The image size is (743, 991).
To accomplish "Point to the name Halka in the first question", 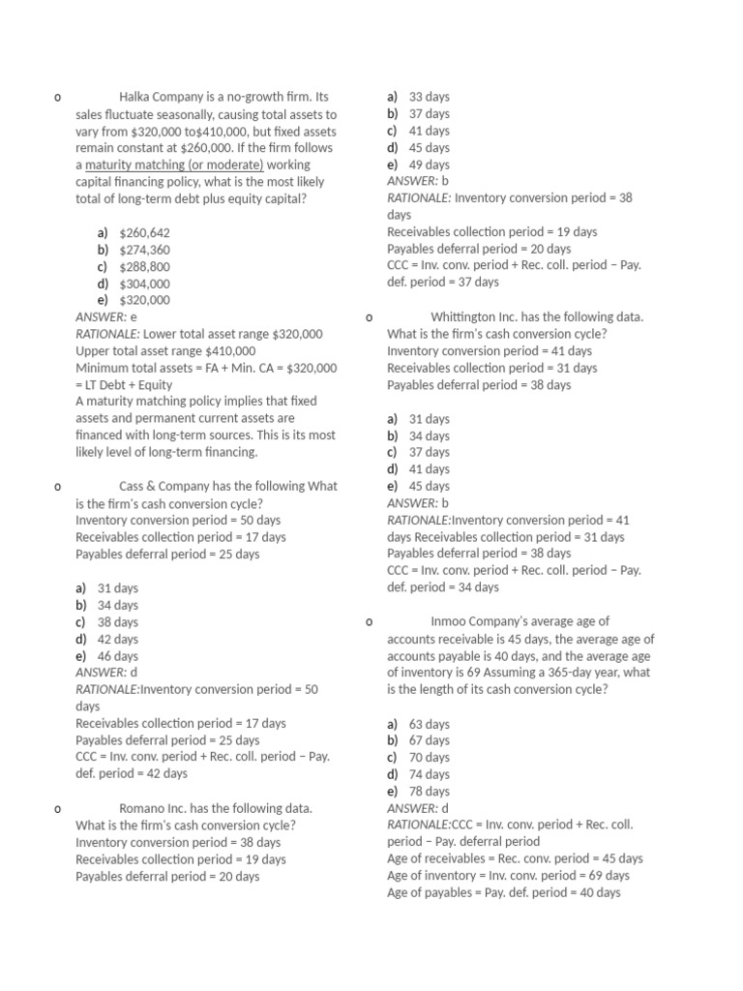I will pyautogui.click(x=135, y=97).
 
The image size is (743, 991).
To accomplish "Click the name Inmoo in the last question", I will pyautogui.click(x=450, y=621).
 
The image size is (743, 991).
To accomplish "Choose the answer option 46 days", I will pyautogui.click(x=118, y=656).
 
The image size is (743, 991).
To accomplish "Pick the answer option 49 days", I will pyautogui.click(x=429, y=165).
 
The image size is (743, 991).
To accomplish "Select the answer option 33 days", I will pyautogui.click(x=429, y=97).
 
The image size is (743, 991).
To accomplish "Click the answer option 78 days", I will pyautogui.click(x=429, y=792).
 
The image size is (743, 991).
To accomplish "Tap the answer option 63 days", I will pyautogui.click(x=429, y=724).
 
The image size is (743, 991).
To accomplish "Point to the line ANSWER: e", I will pyautogui.click(x=106, y=316).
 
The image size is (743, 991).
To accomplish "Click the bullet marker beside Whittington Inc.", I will pyautogui.click(x=370, y=317).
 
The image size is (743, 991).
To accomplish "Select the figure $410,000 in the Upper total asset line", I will pyautogui.click(x=230, y=351).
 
